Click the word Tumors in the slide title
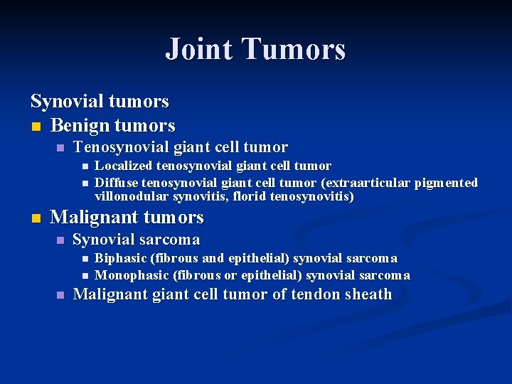click(x=294, y=49)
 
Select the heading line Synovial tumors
click(x=100, y=101)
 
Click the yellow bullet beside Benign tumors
click(x=36, y=127)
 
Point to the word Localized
click(x=124, y=166)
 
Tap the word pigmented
click(x=442, y=183)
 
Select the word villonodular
click(x=131, y=196)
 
